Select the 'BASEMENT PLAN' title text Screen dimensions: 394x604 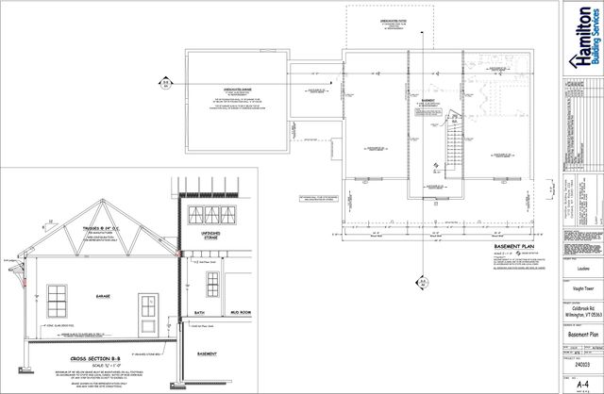pyautogui.click(x=514, y=243)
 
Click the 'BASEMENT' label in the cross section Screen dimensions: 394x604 pyautogui.click(x=209, y=353)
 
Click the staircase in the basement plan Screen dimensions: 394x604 pyautogui.click(x=454, y=150)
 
